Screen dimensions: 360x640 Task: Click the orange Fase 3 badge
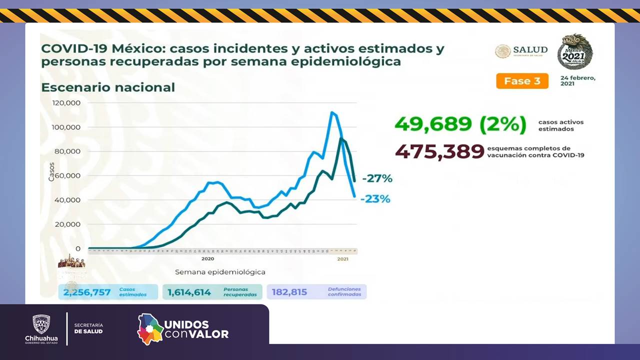click(522, 81)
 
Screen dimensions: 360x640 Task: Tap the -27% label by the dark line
click(377, 178)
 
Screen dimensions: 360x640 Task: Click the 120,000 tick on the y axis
click(66, 103)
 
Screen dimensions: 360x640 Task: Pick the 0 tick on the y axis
click(77, 248)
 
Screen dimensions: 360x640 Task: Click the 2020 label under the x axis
click(207, 259)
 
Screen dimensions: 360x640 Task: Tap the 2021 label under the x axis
click(342, 259)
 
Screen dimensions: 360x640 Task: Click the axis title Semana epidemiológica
click(220, 272)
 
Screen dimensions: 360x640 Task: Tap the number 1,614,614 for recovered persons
click(189, 292)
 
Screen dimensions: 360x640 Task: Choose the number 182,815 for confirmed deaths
click(289, 292)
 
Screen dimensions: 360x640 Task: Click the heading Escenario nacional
click(108, 87)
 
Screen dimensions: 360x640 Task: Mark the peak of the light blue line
click(331, 112)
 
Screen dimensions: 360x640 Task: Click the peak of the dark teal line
click(341, 138)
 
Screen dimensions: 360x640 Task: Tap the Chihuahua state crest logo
click(41, 324)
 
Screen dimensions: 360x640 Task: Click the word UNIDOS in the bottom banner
click(186, 324)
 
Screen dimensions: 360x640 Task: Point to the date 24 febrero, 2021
click(578, 81)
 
